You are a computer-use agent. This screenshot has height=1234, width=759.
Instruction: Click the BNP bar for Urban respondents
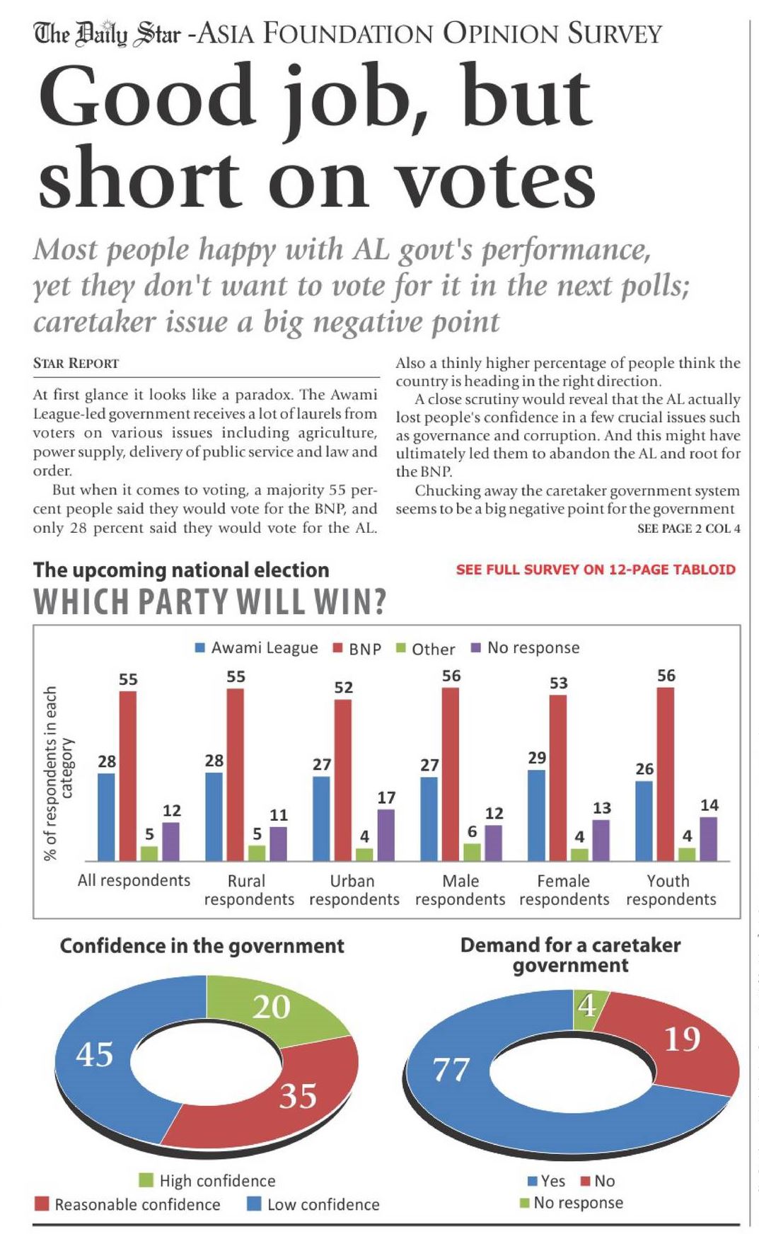pyautogui.click(x=343, y=778)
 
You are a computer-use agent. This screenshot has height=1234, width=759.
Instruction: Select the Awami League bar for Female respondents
pyautogui.click(x=536, y=814)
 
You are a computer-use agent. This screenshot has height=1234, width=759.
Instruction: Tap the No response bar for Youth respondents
pyautogui.click(x=708, y=838)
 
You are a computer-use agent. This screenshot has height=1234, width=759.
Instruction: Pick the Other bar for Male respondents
pyautogui.click(x=472, y=852)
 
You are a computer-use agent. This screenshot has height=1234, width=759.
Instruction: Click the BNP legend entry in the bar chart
pyautogui.click(x=357, y=648)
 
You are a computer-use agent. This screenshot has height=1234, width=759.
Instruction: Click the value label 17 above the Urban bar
pyautogui.click(x=386, y=797)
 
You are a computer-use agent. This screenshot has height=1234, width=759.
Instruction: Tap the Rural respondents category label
pyautogui.click(x=248, y=890)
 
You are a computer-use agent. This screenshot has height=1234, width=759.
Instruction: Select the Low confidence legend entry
pyautogui.click(x=313, y=1204)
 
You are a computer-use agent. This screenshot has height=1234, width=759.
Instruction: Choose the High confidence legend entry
pyautogui.click(x=207, y=1180)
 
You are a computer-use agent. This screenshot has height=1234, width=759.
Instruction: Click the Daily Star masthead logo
pyautogui.click(x=107, y=33)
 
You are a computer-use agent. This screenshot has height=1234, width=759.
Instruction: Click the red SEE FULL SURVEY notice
pyautogui.click(x=595, y=570)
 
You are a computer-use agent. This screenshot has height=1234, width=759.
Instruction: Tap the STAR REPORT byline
pyautogui.click(x=76, y=364)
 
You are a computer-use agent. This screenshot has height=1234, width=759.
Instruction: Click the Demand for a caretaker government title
pyautogui.click(x=570, y=955)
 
